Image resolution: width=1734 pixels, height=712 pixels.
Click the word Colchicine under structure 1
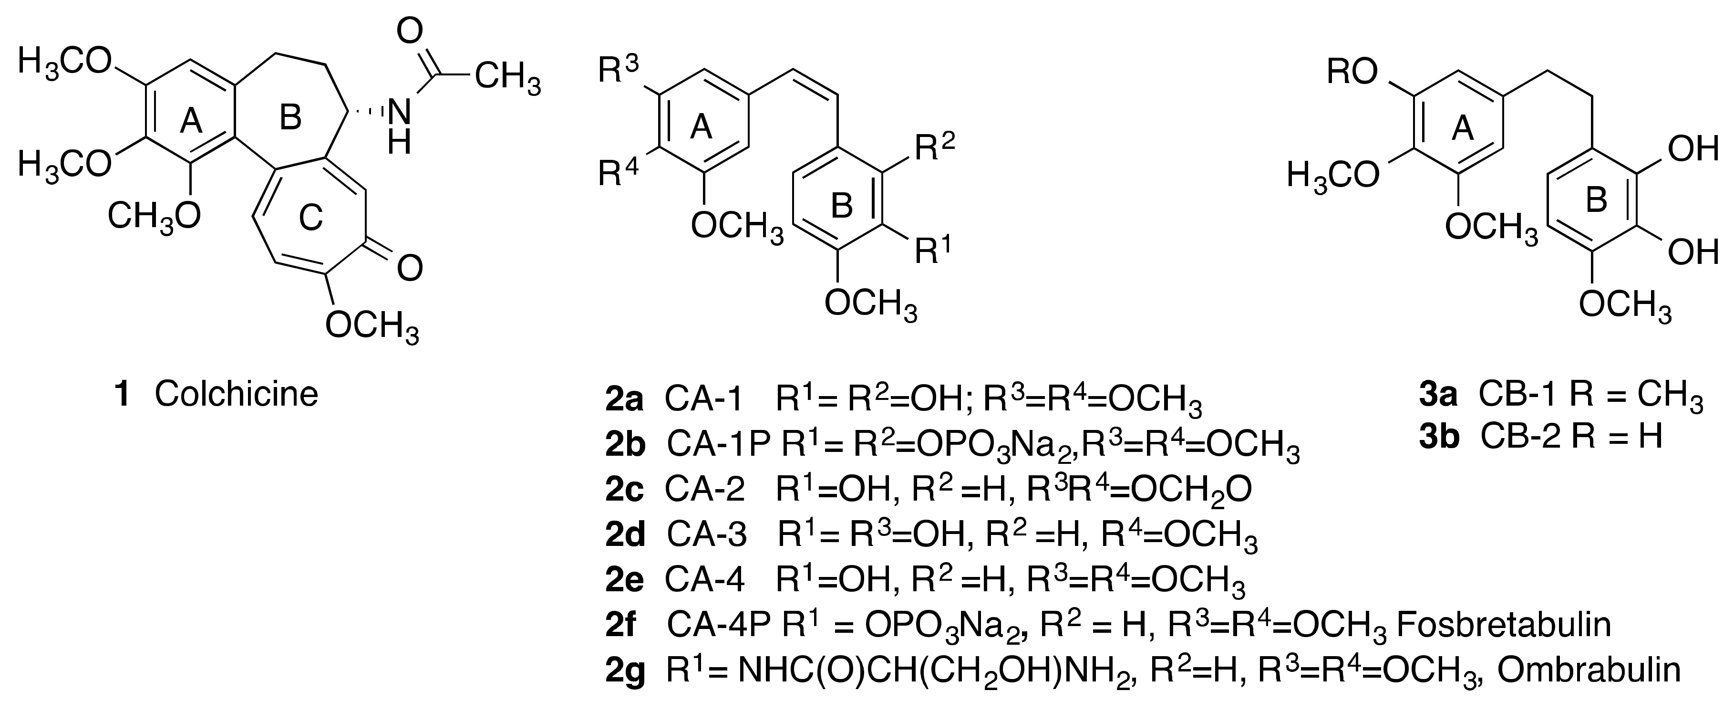[236, 394]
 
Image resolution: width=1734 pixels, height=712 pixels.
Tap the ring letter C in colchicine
[311, 218]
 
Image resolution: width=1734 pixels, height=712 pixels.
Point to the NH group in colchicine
[399, 128]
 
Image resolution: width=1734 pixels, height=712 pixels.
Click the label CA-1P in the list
[718, 445]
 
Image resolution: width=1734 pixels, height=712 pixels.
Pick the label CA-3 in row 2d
[707, 535]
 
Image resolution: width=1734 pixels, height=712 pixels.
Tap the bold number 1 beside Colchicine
[122, 394]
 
